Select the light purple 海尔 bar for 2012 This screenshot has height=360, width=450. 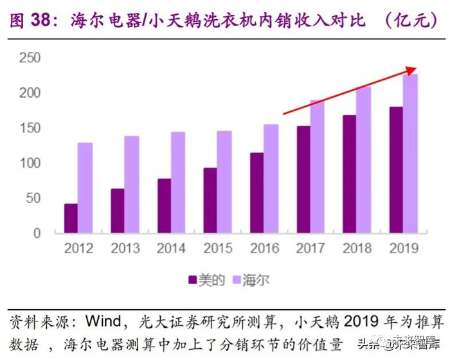tap(85, 188)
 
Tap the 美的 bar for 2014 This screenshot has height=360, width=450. tap(164, 206)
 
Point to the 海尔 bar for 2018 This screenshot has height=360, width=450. tap(363, 160)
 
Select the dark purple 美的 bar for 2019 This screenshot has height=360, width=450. tap(397, 170)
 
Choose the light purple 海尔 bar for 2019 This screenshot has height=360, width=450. tap(411, 154)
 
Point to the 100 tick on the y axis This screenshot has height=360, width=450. tap(30, 163)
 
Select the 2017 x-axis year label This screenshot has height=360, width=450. tap(310, 248)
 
